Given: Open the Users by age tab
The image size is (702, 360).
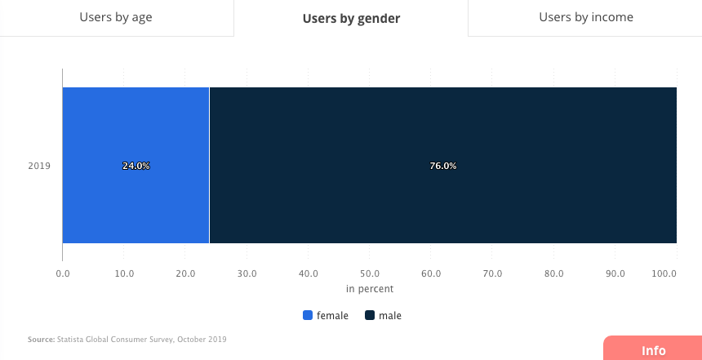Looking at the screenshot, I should (116, 17).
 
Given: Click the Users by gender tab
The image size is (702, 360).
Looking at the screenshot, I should (351, 18).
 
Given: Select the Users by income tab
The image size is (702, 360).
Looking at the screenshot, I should (585, 17).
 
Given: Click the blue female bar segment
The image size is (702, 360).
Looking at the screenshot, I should (136, 204).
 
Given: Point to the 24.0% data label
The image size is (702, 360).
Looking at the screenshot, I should (136, 166).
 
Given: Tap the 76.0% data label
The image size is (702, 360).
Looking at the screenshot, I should (442, 166).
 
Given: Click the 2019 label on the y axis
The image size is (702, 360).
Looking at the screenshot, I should (39, 166).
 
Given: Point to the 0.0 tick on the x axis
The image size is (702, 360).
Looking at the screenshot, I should (63, 273).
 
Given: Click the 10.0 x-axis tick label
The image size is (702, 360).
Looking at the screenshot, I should (124, 273).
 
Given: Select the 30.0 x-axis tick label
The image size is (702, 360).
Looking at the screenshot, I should (247, 273).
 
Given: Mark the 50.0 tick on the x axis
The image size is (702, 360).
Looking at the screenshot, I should (370, 273).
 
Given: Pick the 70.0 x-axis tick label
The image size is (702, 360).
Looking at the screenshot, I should (493, 273).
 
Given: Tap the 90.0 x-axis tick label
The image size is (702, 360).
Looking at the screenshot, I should (615, 273).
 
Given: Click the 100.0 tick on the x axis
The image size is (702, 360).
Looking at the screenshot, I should (664, 273).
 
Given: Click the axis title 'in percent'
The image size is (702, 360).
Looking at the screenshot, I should (370, 289).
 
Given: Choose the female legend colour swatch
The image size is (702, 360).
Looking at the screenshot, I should (308, 316).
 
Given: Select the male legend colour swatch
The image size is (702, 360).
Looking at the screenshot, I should (370, 316).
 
